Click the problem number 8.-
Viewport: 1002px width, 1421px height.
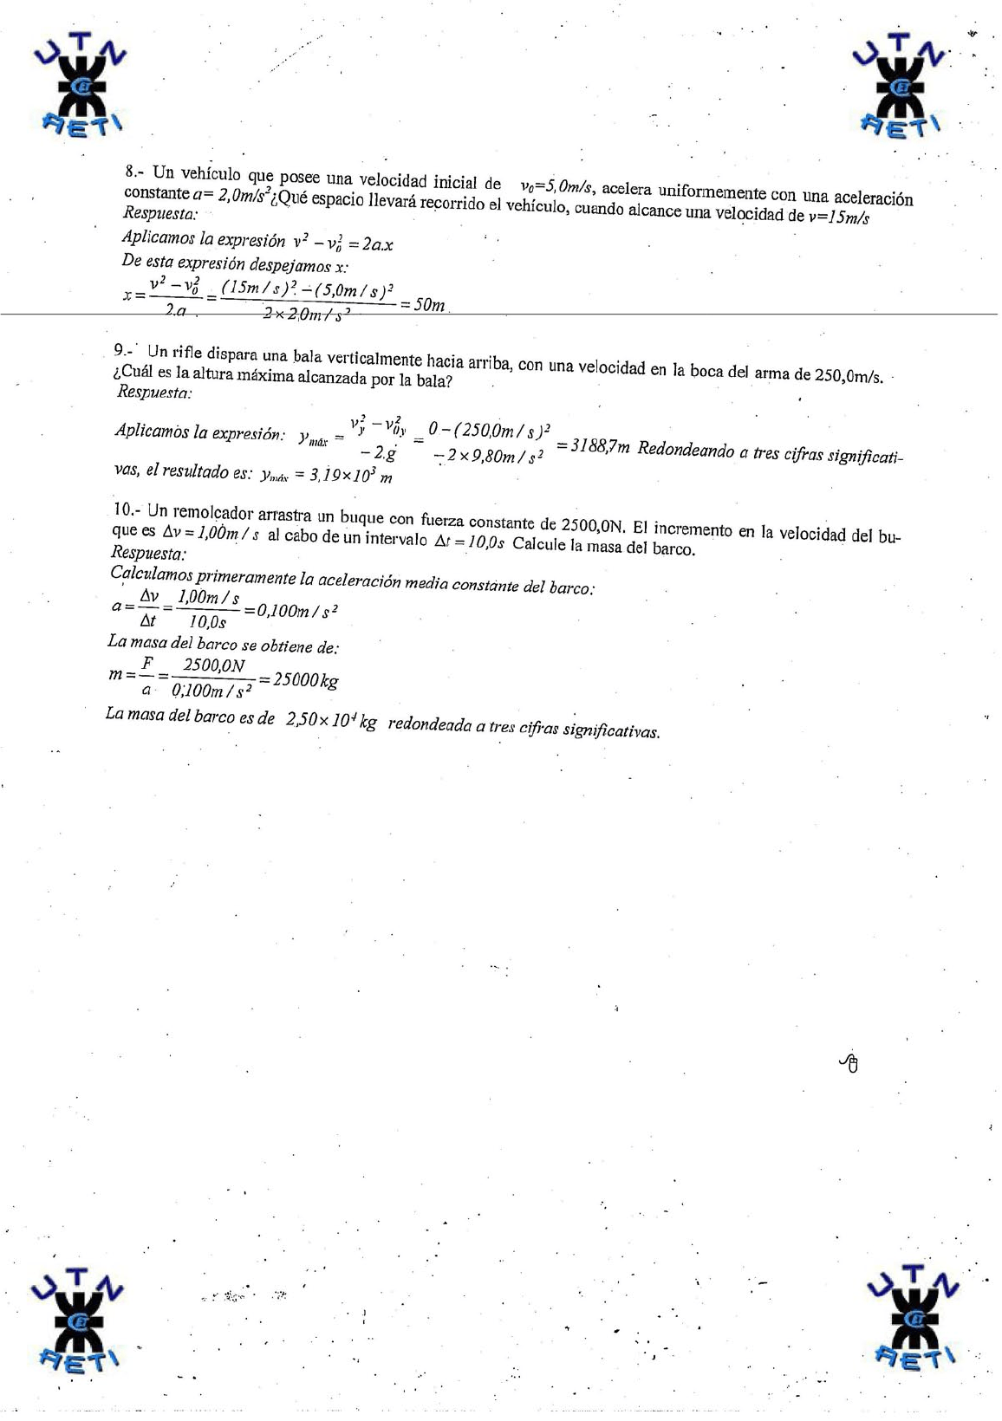click(137, 171)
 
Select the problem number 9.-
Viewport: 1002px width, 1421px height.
click(125, 350)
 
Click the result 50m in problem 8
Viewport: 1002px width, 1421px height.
click(429, 305)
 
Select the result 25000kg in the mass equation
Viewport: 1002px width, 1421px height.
click(306, 680)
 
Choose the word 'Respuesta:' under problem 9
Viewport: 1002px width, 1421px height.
click(154, 392)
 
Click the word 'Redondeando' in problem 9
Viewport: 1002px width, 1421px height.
click(685, 451)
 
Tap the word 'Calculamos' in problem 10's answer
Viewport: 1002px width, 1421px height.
click(152, 573)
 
